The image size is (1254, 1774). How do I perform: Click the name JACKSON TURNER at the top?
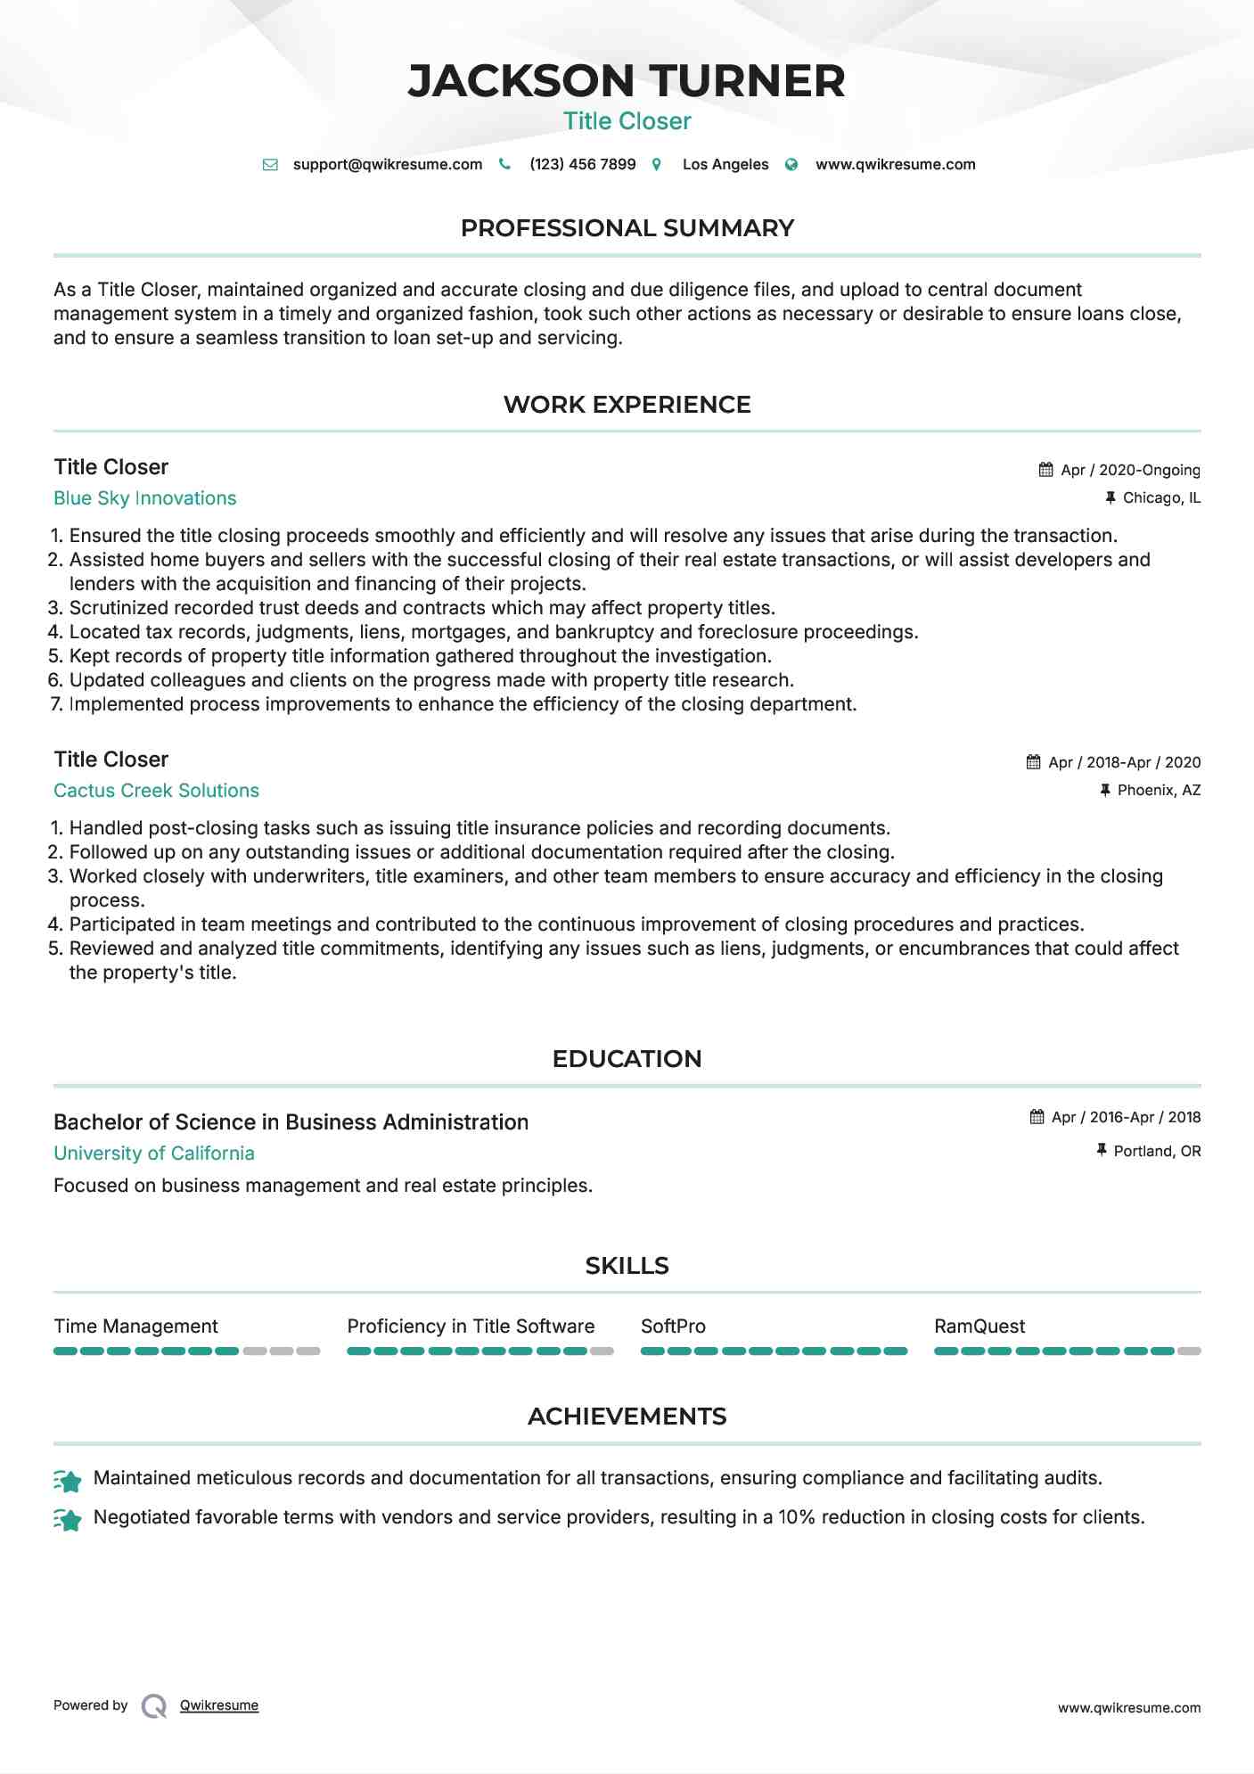[x=627, y=81]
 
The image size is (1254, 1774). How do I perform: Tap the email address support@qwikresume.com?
[x=387, y=164]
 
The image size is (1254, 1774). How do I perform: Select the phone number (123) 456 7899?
[x=582, y=164]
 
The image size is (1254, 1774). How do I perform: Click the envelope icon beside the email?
[x=270, y=164]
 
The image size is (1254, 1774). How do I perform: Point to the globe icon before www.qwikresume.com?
[x=791, y=164]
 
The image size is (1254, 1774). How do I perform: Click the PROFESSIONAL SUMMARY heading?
[x=627, y=228]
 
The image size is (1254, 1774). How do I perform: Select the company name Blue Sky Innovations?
[x=144, y=498]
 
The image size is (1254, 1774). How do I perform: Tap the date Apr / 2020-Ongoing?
[x=1130, y=470]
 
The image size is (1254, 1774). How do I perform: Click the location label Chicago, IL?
[x=1161, y=497]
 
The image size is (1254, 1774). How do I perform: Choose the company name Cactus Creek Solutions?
[x=156, y=791]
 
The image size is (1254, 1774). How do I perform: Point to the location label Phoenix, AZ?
[x=1159, y=790]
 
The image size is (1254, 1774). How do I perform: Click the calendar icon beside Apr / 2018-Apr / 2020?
[x=1033, y=762]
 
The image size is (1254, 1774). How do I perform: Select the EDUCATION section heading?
[x=627, y=1059]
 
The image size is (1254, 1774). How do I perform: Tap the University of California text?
[x=153, y=1154]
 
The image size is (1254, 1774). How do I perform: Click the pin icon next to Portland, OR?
[x=1102, y=1151]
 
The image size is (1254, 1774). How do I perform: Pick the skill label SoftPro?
[x=673, y=1326]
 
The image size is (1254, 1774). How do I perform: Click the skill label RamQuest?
[x=979, y=1326]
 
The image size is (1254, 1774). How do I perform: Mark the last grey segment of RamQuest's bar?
[x=1189, y=1351]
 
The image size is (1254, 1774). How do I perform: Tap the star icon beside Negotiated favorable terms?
[x=68, y=1519]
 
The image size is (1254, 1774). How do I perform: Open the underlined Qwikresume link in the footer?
[x=219, y=1705]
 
